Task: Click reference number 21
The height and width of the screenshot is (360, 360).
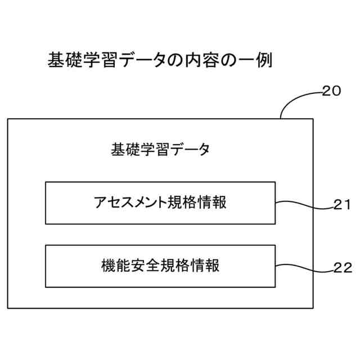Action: coord(342,205)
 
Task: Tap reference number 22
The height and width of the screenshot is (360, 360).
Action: coord(342,268)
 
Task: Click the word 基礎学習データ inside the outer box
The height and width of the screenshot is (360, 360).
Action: coord(160,150)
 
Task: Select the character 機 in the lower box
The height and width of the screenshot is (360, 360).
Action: coord(109,265)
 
